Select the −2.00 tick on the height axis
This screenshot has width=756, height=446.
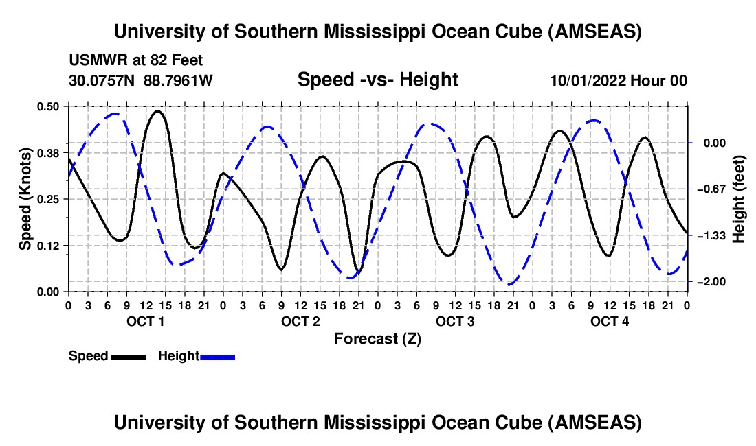point(709,282)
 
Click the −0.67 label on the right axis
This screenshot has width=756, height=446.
point(709,189)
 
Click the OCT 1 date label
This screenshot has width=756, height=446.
point(145,322)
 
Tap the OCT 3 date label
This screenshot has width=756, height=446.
point(454,322)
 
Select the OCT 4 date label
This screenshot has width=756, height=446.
point(610,322)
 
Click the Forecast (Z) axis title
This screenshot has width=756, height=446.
point(377,339)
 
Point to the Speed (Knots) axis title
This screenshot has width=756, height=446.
point(25,198)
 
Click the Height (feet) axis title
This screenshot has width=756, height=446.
point(739,198)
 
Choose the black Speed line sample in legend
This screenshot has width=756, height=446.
point(129,357)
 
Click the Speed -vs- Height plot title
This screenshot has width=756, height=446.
point(377,80)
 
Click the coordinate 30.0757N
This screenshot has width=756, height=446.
point(103,81)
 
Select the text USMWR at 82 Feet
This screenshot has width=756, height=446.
point(136,61)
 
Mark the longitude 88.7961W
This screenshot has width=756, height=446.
point(178,81)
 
